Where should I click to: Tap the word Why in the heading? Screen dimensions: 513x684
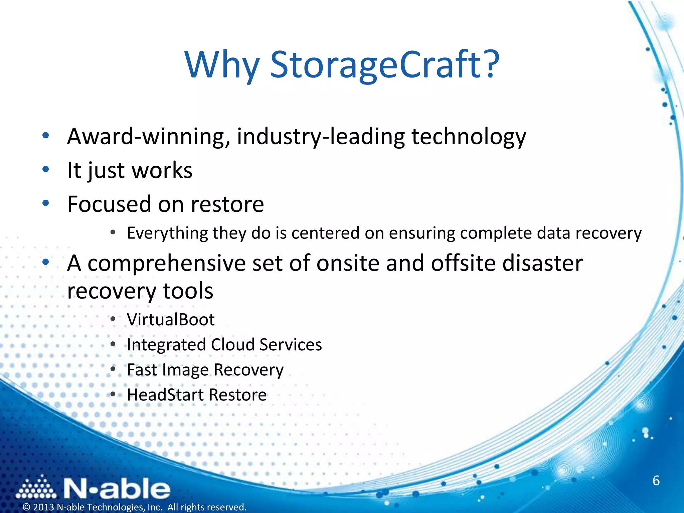222,65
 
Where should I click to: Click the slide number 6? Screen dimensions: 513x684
656,481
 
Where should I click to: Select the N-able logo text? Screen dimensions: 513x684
117,489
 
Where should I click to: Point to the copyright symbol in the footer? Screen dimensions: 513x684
26,507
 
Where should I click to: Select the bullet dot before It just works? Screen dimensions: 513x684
46,169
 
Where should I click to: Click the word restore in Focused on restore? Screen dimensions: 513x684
227,204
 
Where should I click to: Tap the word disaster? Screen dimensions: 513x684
542,263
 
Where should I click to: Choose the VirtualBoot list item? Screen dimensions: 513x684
171,319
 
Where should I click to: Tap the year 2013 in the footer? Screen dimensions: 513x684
43,507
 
